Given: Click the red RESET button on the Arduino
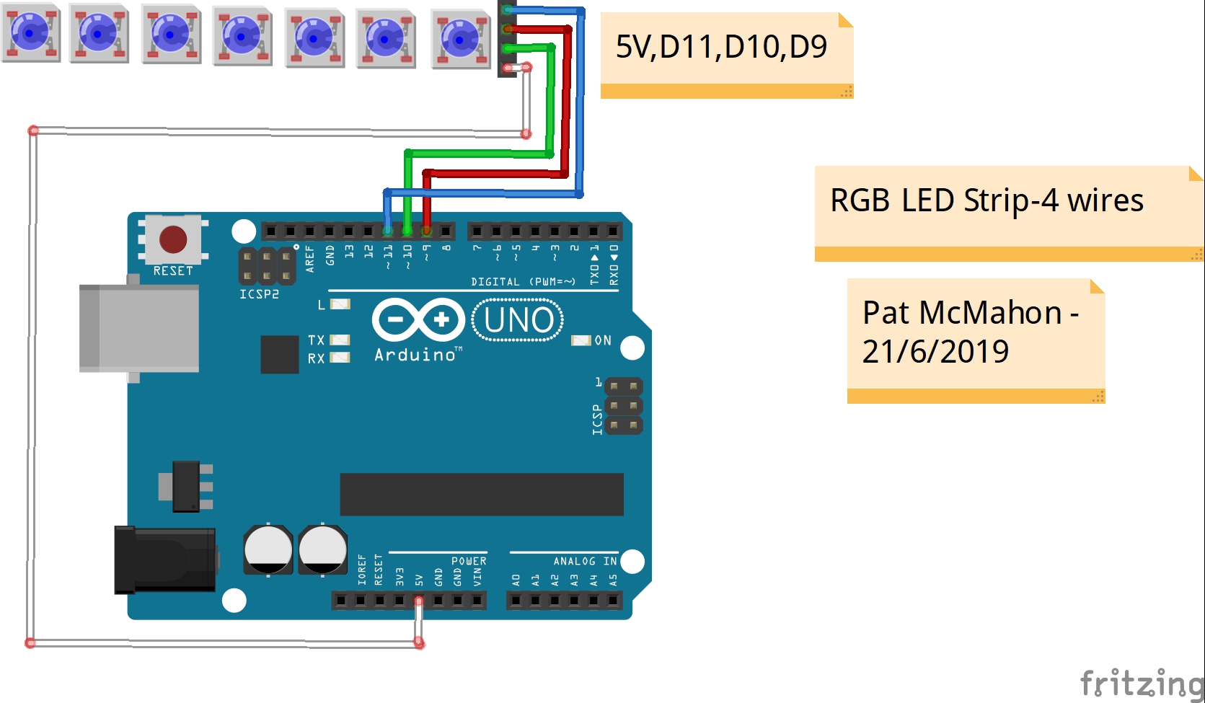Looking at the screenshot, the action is [x=173, y=239].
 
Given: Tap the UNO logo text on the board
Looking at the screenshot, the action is [x=518, y=320].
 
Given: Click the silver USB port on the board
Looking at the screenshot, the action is [x=138, y=328].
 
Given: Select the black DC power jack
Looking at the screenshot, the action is [x=165, y=560].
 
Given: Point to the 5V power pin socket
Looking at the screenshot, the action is [x=418, y=601].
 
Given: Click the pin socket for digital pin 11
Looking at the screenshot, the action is [x=388, y=231].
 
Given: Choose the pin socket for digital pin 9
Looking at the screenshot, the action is [x=427, y=231].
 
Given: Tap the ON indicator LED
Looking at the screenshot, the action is [x=581, y=340].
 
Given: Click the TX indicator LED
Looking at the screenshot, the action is [x=340, y=340].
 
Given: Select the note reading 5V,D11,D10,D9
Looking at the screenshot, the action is [x=727, y=56].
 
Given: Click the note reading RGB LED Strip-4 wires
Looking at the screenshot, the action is [x=1009, y=214].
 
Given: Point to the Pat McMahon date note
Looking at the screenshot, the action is [x=976, y=341].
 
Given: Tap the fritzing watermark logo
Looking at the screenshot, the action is [x=1142, y=683].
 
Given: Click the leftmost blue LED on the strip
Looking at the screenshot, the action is [x=31, y=32].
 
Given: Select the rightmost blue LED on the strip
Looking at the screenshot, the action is [x=461, y=39].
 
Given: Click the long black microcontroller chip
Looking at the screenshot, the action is [x=482, y=495].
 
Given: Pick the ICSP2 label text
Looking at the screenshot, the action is [x=260, y=294].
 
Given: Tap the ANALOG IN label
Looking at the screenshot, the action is [x=586, y=561].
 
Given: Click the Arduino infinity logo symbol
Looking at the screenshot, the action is [x=418, y=320].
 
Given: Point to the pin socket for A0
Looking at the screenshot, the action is [x=516, y=601].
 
